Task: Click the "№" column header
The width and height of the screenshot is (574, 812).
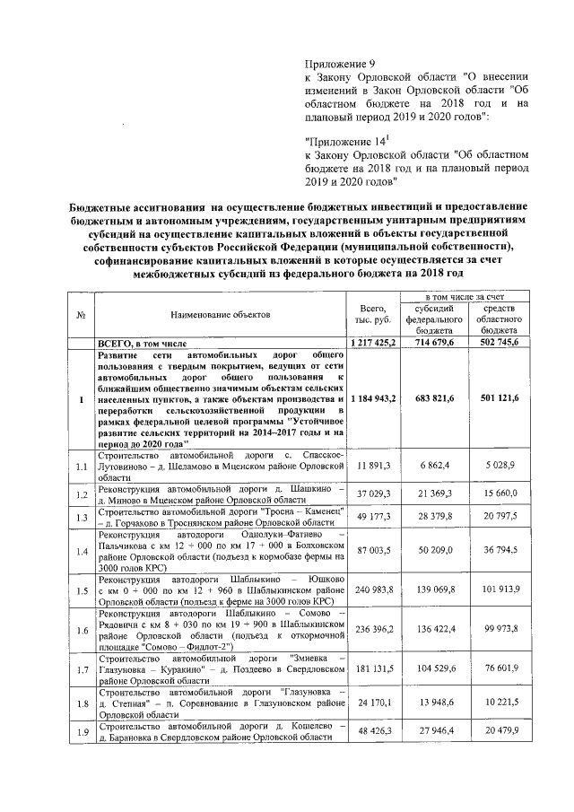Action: (82, 315)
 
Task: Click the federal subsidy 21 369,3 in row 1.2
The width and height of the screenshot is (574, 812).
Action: (431, 493)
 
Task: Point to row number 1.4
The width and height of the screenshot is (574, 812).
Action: (82, 552)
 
